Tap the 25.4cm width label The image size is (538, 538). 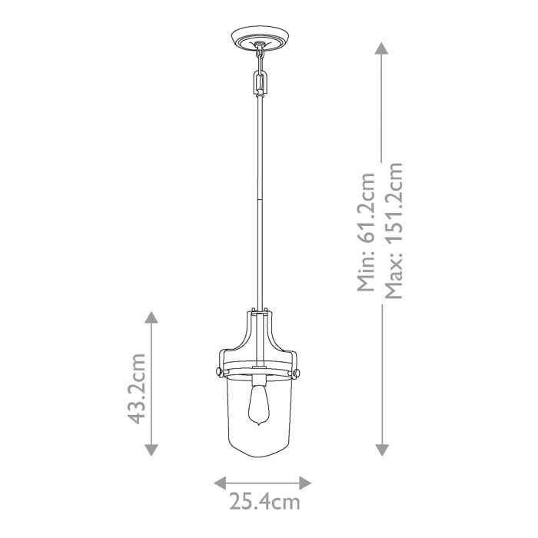pyautogui.click(x=263, y=503)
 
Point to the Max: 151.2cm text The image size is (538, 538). pyautogui.click(x=394, y=232)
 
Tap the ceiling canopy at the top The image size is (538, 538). pyautogui.click(x=261, y=38)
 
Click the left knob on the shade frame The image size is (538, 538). pyautogui.click(x=218, y=372)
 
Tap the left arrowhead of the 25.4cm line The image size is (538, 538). pyautogui.click(x=218, y=482)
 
